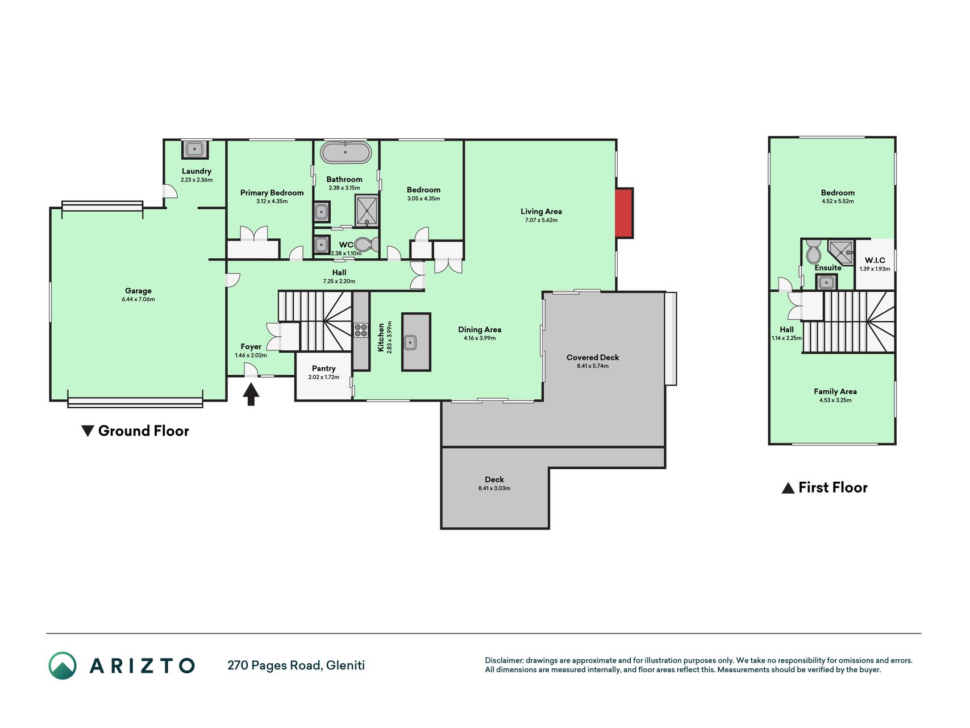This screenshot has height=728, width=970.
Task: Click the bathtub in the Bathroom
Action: click(346, 152)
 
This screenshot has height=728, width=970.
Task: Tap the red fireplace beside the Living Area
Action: click(624, 213)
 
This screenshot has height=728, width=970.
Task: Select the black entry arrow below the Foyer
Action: click(251, 394)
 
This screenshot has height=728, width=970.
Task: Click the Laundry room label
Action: click(197, 171)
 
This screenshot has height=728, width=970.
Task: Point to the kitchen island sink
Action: click(410, 342)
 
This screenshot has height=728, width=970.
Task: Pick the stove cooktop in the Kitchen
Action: click(361, 330)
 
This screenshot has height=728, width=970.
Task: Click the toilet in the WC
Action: click(367, 245)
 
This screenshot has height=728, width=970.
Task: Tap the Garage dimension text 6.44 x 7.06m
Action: click(138, 299)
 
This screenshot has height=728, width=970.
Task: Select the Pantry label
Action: click(324, 369)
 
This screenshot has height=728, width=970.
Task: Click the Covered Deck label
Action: click(593, 357)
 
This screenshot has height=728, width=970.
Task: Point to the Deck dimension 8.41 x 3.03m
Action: click(494, 488)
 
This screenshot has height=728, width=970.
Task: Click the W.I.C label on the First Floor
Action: click(875, 260)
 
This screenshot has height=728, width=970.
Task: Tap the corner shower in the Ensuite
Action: click(841, 252)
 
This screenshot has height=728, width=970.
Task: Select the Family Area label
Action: click(835, 391)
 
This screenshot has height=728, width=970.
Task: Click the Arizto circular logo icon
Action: click(63, 665)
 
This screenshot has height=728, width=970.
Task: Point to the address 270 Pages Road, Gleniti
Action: click(296, 665)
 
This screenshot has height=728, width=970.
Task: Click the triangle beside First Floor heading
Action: click(788, 488)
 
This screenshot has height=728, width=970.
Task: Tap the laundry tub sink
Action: click(195, 150)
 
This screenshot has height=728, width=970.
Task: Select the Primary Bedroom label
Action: click(272, 193)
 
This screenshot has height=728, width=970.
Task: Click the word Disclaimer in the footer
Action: click(503, 660)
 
